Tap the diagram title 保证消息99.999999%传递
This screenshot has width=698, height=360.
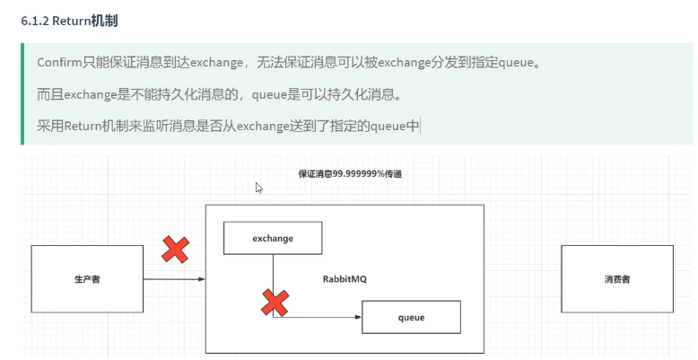pos(349,173)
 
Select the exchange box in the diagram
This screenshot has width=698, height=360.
pos(273,238)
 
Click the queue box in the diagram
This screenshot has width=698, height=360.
pos(411,318)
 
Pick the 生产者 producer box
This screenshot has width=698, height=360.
pos(87,279)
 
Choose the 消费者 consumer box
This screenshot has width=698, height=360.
pos(616,279)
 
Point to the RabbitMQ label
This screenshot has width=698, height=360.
pos(345,279)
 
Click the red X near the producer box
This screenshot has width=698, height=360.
pos(174,250)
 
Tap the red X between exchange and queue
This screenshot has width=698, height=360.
pos(275,303)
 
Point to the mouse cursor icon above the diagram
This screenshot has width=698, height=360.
pos(258,189)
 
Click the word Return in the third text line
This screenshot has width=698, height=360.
pos(86,126)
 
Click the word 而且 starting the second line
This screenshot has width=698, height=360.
pos(48,94)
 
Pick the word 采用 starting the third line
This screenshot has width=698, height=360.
pos(48,126)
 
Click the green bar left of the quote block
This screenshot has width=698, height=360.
pos(23,94)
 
